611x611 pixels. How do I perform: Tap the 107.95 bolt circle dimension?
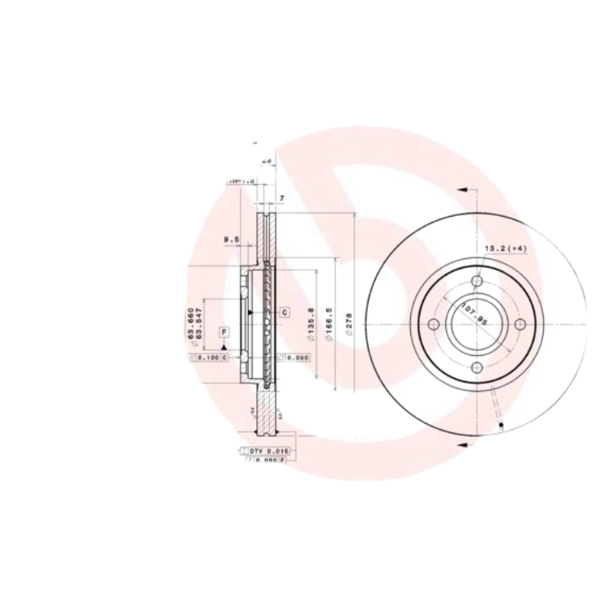tap(474, 314)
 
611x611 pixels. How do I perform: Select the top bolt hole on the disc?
tap(477, 282)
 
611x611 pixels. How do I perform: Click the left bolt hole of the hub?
tap(434, 325)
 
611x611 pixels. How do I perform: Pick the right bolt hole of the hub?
tap(521, 325)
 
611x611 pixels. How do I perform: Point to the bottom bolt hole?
tap(477, 369)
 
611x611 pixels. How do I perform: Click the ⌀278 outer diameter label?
tap(349, 325)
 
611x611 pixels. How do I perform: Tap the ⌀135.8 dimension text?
tap(310, 321)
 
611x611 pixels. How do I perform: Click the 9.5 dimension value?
tap(231, 240)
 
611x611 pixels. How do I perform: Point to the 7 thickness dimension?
tap(282, 199)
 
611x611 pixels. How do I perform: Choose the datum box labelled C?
tap(284, 312)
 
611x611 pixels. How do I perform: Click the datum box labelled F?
tap(225, 331)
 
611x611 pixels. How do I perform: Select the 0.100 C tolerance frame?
tap(209, 357)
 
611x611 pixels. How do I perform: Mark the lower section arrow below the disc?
tap(461, 443)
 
